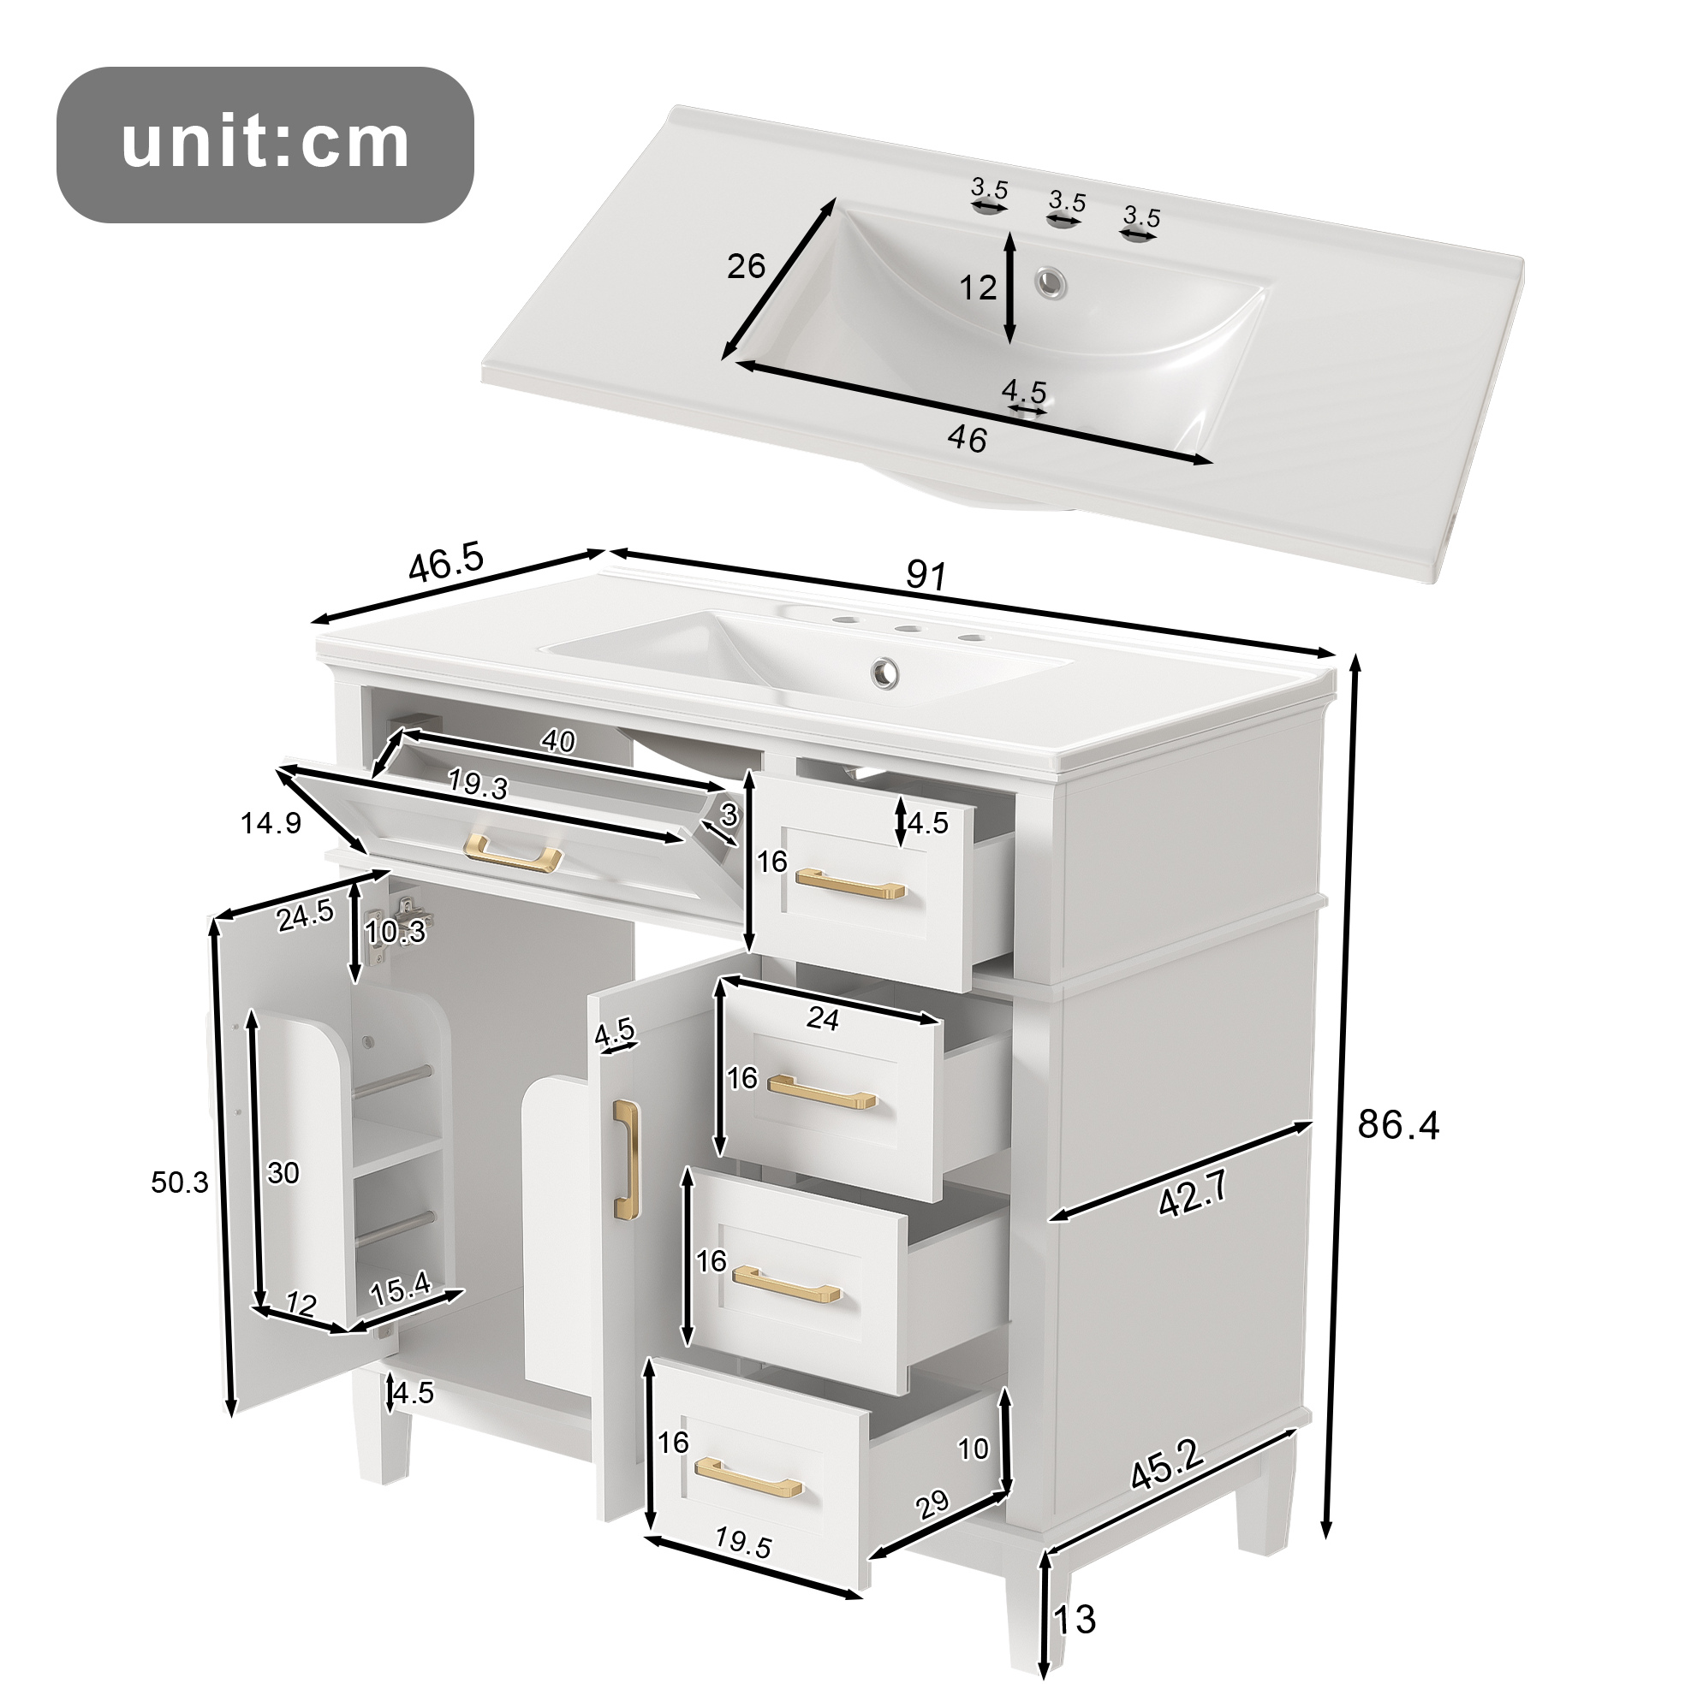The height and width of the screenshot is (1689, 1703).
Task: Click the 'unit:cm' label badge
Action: (x=265, y=145)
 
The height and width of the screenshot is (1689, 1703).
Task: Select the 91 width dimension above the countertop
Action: (x=926, y=575)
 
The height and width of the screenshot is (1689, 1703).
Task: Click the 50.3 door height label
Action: (x=180, y=1182)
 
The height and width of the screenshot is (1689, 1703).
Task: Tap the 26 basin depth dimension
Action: (x=747, y=266)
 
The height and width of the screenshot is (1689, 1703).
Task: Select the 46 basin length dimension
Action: (x=967, y=440)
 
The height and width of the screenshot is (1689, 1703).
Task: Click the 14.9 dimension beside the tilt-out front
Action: (x=271, y=823)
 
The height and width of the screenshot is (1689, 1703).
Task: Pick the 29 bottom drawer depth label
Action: (x=932, y=1504)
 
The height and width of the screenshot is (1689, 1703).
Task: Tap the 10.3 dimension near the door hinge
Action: (x=396, y=932)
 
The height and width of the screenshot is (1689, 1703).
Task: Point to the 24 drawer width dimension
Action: (x=823, y=1018)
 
